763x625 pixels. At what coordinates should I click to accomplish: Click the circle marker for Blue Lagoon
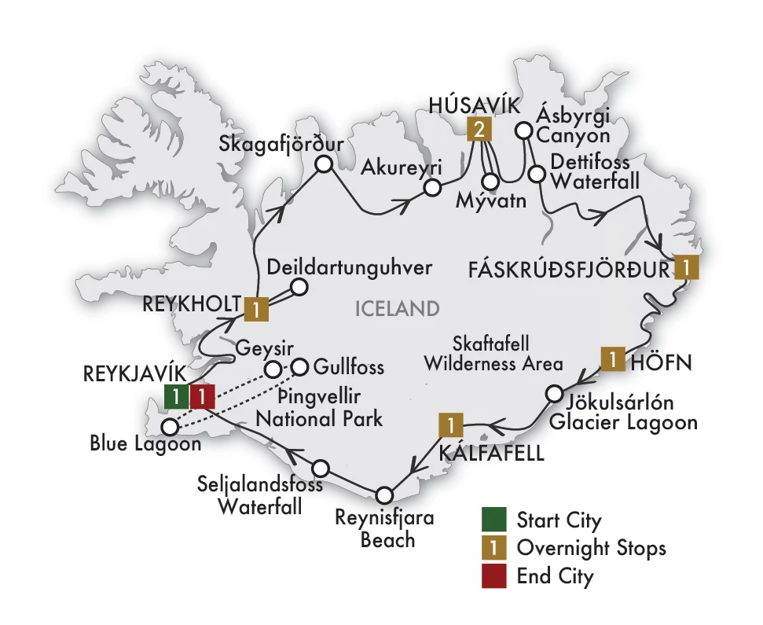[170, 427]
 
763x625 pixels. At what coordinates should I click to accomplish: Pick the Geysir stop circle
[272, 369]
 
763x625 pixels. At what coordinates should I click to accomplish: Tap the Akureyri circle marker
[431, 188]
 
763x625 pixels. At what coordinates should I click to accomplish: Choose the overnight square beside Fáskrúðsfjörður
[687, 268]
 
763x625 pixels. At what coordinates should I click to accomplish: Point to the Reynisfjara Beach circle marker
[383, 495]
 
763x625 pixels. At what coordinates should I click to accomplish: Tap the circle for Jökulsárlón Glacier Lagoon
[554, 393]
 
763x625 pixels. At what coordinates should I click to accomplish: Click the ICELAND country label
[397, 308]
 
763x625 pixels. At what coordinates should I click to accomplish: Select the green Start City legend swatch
[492, 520]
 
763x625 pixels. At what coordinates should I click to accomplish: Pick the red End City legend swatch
[492, 576]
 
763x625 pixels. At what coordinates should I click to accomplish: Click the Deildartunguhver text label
[350, 267]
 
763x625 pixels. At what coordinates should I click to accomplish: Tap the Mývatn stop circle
[490, 181]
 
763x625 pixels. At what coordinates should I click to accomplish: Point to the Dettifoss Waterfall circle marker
[537, 173]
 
